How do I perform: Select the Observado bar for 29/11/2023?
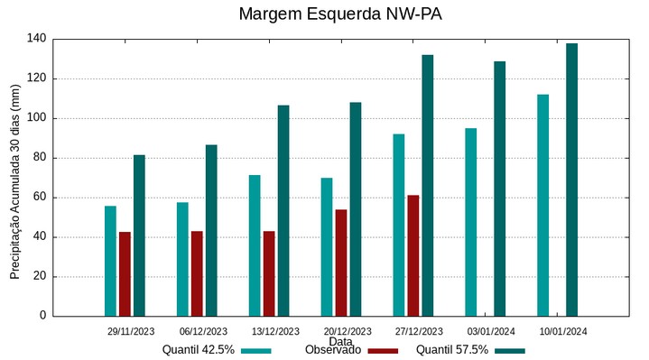coord(125,273)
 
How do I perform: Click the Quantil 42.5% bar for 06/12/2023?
coord(182,259)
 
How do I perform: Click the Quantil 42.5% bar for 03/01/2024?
coord(471,222)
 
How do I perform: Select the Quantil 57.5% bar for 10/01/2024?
coord(572,180)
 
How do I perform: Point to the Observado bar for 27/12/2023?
coord(413,255)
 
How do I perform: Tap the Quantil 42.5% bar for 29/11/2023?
coord(110,261)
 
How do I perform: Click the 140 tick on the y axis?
coord(36,39)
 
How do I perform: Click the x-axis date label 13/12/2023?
coord(275,331)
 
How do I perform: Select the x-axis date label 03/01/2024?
coord(492,331)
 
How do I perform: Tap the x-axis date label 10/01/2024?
coord(563,331)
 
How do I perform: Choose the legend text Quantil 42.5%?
coord(199,350)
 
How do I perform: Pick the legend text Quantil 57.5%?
coord(452,350)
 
